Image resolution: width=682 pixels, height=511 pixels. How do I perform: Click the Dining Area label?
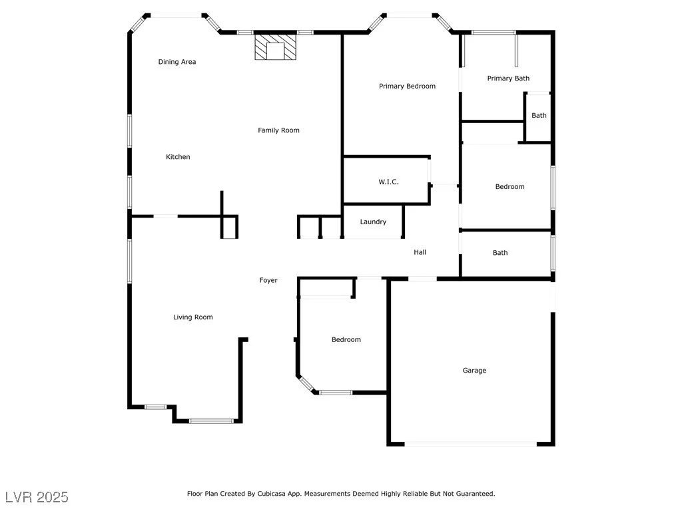(x=177, y=62)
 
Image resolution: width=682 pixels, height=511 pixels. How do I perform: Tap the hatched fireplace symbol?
(x=275, y=47)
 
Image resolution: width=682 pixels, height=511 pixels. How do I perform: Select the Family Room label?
(x=278, y=130)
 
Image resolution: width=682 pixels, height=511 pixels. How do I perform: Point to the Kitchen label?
(x=178, y=157)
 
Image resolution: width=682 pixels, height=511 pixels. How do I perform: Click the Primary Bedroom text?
(x=407, y=86)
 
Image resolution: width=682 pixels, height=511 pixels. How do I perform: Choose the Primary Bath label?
(x=508, y=79)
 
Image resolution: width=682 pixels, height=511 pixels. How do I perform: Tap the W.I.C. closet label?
(x=388, y=182)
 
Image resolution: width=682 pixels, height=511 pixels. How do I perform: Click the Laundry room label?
(x=373, y=222)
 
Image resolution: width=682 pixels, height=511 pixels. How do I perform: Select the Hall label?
(x=420, y=252)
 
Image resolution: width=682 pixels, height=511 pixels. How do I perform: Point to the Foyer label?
(x=268, y=280)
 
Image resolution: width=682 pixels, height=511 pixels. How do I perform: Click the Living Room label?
(x=193, y=317)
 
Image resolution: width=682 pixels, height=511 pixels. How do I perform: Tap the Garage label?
(x=474, y=371)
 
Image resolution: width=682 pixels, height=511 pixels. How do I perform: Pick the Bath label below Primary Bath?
(x=539, y=116)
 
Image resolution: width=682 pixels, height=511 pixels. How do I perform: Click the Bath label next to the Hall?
(x=500, y=253)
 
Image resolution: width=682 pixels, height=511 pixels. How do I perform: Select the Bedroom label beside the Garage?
(x=346, y=340)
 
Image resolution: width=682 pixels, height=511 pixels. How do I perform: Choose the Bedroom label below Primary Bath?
(x=510, y=187)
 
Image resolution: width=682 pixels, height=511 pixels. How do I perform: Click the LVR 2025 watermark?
(x=37, y=497)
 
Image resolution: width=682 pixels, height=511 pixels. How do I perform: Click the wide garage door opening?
(x=471, y=444)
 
